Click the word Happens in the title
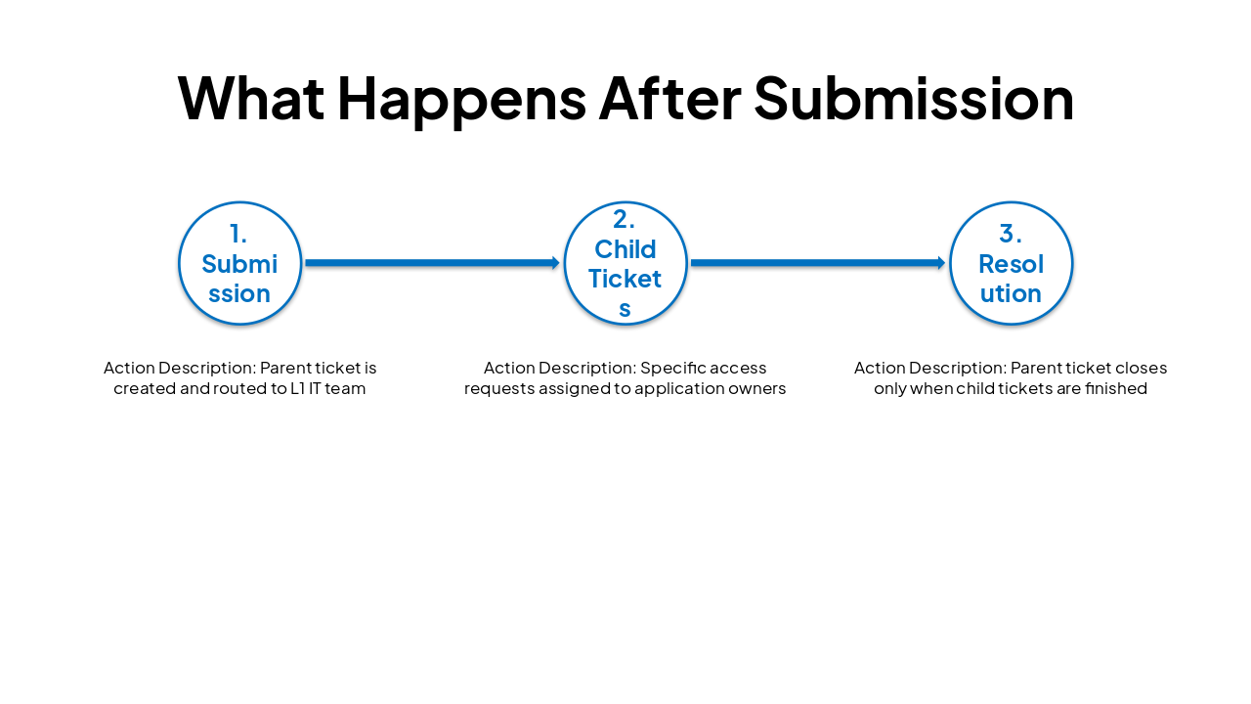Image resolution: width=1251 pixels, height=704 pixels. click(461, 99)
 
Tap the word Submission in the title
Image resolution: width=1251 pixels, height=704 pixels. click(914, 99)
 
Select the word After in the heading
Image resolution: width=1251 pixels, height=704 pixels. click(669, 99)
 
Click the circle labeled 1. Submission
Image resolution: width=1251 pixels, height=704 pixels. click(239, 263)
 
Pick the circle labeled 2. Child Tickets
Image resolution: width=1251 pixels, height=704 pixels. click(625, 263)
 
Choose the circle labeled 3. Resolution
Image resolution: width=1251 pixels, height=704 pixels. click(1011, 263)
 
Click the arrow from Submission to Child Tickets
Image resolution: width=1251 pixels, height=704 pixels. click(430, 263)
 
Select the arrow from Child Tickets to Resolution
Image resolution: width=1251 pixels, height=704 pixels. click(816, 263)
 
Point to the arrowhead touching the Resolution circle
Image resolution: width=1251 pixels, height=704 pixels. click(942, 263)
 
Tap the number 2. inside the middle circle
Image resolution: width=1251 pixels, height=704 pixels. click(625, 220)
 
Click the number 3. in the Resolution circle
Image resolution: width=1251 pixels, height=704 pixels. click(1011, 235)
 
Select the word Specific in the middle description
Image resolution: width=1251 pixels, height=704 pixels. click(672, 369)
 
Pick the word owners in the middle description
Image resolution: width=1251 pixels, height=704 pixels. click(757, 388)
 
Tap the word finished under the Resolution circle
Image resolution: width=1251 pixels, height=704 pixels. click(1114, 388)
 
